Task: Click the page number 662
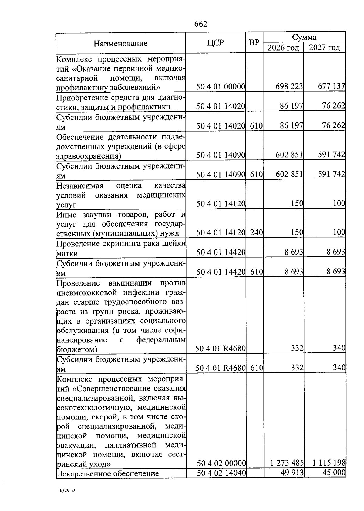coord(201,24)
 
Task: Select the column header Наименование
coord(120,43)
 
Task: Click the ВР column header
coord(254,43)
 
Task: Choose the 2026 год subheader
coord(283,48)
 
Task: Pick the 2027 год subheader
coord(325,48)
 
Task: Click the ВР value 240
coord(256,233)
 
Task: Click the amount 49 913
coord(292,473)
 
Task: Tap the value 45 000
coord(333,473)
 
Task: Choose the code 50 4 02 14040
coord(221,473)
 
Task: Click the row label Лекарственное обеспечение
coord(108,473)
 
